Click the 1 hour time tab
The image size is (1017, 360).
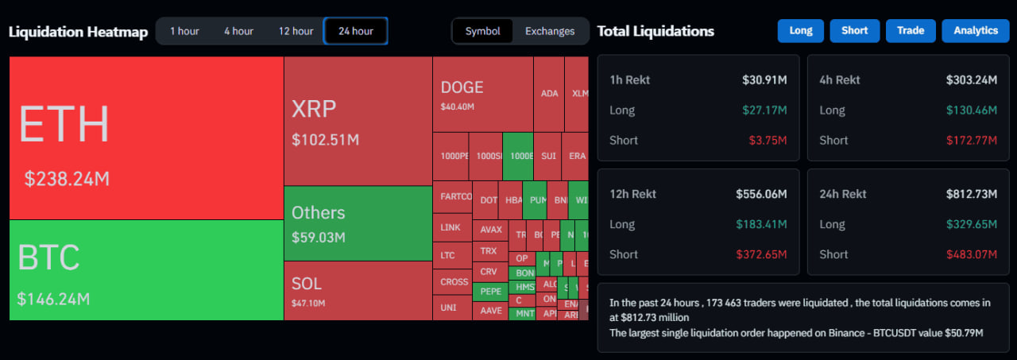pos(184,31)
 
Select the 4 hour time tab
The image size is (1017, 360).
pos(238,31)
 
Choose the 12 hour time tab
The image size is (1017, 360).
pos(296,31)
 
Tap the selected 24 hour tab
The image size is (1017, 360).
pos(355,31)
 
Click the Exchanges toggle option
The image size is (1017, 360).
pos(550,31)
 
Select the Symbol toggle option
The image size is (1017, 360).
pos(483,31)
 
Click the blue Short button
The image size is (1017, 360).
pos(854,30)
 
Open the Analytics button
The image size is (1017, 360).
pos(976,30)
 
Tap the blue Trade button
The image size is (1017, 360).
pos(911,30)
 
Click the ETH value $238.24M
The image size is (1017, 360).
pos(67,179)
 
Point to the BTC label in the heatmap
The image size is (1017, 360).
pos(48,258)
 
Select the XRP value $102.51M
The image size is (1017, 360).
pos(325,140)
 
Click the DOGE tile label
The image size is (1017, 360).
pos(462,87)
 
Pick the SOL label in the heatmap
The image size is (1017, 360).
pos(307,284)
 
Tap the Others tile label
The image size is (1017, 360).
pos(318,213)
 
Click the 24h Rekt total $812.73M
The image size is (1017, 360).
pos(971,194)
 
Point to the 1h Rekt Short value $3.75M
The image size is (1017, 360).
pos(768,140)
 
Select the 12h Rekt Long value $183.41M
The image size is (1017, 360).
pos(761,224)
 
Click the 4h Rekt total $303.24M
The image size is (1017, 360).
pos(971,79)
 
